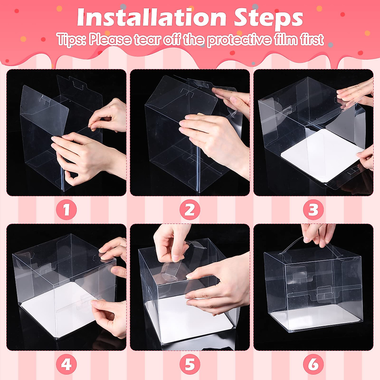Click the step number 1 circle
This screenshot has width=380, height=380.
pyautogui.click(x=66, y=210)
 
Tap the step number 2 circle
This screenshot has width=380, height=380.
pyautogui.click(x=190, y=210)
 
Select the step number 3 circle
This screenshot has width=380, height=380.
pyautogui.click(x=313, y=210)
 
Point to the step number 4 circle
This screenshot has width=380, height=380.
pyautogui.click(x=66, y=365)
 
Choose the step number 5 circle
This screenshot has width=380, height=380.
pyautogui.click(x=190, y=365)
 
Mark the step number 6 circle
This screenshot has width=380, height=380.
pyautogui.click(x=313, y=365)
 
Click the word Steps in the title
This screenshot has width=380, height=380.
pyautogui.click(x=268, y=18)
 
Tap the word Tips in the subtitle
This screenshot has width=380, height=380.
pyautogui.click(x=71, y=40)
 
